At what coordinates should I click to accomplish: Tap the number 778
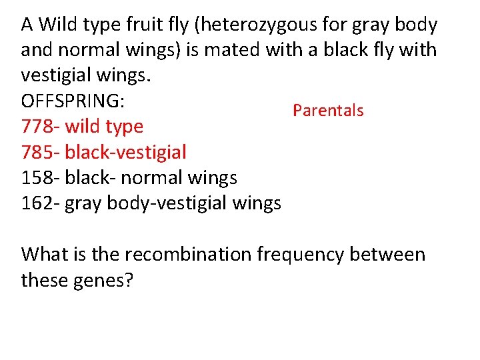[x=35, y=126]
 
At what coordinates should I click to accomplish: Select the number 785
[x=35, y=152]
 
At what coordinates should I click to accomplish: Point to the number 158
[x=35, y=177]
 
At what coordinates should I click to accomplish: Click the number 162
[x=35, y=203]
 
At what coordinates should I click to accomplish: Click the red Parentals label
[x=328, y=111]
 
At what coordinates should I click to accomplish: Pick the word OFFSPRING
[x=74, y=101]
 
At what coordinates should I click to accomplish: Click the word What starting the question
[x=44, y=255]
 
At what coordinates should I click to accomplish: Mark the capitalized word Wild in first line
[x=57, y=25]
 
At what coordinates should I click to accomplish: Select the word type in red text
[x=125, y=127]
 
